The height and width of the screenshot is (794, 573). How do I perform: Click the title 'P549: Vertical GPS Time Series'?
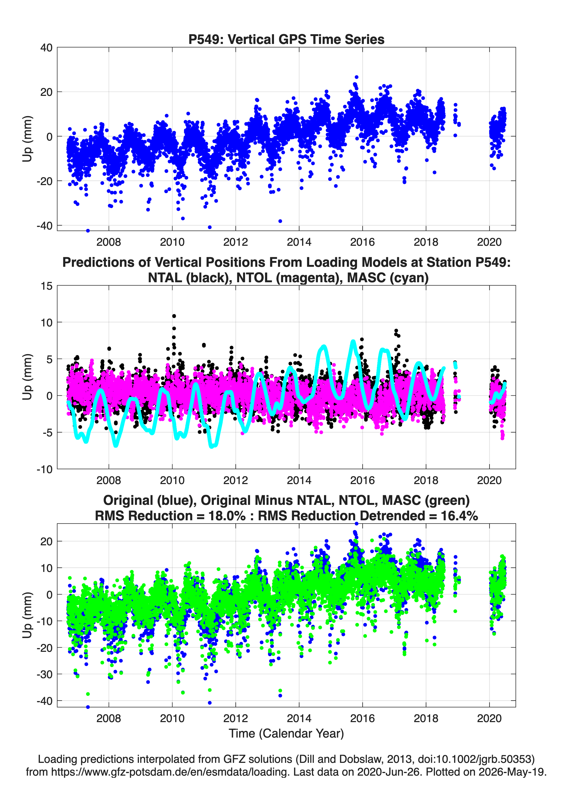point(286,39)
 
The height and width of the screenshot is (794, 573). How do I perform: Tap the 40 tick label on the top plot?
point(46,48)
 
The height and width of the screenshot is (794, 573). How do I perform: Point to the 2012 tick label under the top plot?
point(235,242)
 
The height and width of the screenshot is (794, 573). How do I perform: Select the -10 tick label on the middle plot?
point(44,469)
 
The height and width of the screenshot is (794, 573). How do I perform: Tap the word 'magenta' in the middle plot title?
point(308,278)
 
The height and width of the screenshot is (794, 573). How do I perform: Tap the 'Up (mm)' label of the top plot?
point(27,139)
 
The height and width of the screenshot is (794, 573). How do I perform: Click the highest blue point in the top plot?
point(356,77)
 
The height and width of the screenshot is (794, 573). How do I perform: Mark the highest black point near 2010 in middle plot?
point(174,316)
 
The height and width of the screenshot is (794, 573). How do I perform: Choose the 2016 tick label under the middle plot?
point(362,480)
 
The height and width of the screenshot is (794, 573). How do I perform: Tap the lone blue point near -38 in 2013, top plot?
point(280,221)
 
